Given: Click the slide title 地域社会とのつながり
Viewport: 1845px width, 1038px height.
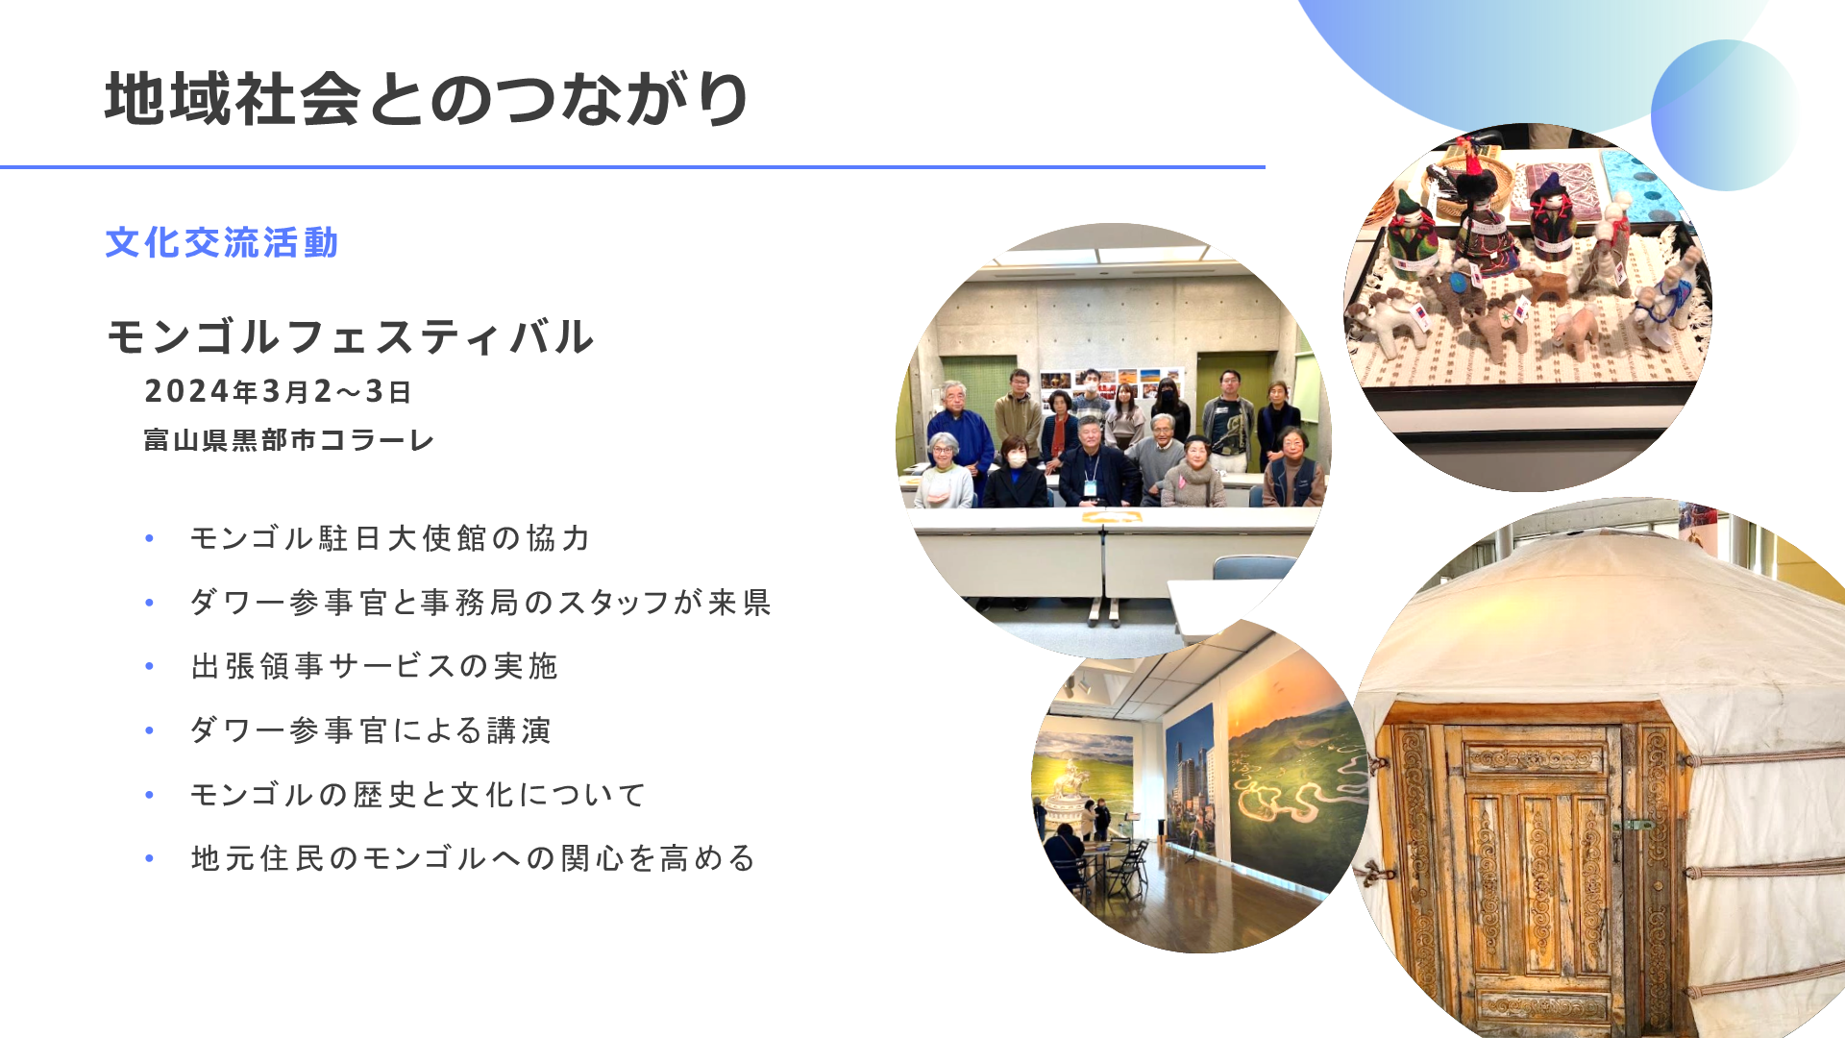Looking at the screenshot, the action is [x=427, y=99].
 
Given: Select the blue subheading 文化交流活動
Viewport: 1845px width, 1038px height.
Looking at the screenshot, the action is [x=222, y=243].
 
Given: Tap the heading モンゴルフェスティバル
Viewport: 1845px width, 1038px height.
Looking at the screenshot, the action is [x=351, y=337].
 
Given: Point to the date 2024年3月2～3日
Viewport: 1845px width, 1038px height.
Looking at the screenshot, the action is [x=278, y=391].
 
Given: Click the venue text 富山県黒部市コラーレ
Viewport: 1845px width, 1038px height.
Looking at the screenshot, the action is [x=289, y=440].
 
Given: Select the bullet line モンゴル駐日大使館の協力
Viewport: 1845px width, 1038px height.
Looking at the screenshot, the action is [x=390, y=538].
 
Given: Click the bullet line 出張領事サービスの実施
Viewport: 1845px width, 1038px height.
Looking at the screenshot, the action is [x=375, y=666].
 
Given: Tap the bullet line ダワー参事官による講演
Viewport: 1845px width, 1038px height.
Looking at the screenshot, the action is [x=371, y=730].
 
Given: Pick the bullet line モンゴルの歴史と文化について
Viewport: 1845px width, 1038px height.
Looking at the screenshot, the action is [x=418, y=795].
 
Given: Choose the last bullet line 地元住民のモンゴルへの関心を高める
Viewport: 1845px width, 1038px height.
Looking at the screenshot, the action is [x=474, y=858].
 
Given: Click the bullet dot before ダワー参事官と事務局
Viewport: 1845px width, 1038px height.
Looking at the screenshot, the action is [x=149, y=603].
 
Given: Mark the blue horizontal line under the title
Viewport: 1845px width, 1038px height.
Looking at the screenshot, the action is [x=632, y=167].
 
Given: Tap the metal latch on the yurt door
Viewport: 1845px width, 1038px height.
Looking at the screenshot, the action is [x=1633, y=825].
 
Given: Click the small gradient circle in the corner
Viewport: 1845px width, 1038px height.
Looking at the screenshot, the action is [x=1725, y=115].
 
